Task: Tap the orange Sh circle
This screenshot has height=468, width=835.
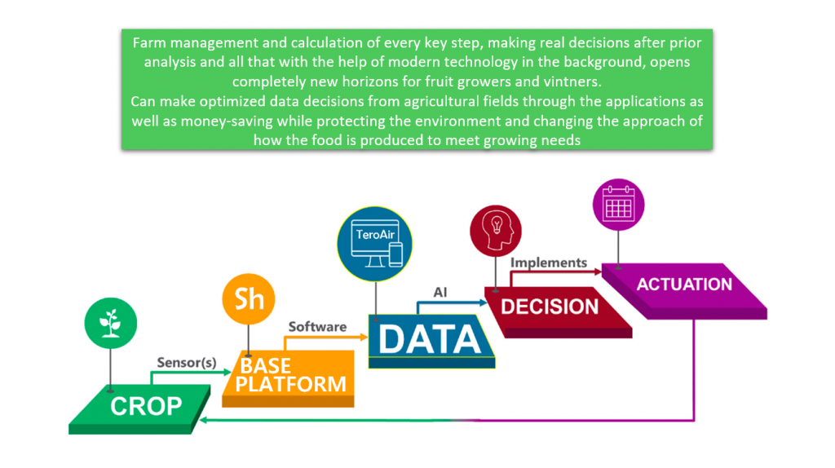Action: (249, 298)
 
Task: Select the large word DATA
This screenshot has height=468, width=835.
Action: (431, 339)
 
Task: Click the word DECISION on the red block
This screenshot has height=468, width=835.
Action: (550, 307)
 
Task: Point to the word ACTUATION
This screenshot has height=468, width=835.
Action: (684, 285)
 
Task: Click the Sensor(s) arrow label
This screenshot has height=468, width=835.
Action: (187, 363)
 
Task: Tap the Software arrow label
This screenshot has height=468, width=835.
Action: (317, 326)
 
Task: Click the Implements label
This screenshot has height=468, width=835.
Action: (548, 263)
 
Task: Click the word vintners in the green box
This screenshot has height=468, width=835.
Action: (572, 82)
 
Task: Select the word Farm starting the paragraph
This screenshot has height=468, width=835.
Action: (148, 42)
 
